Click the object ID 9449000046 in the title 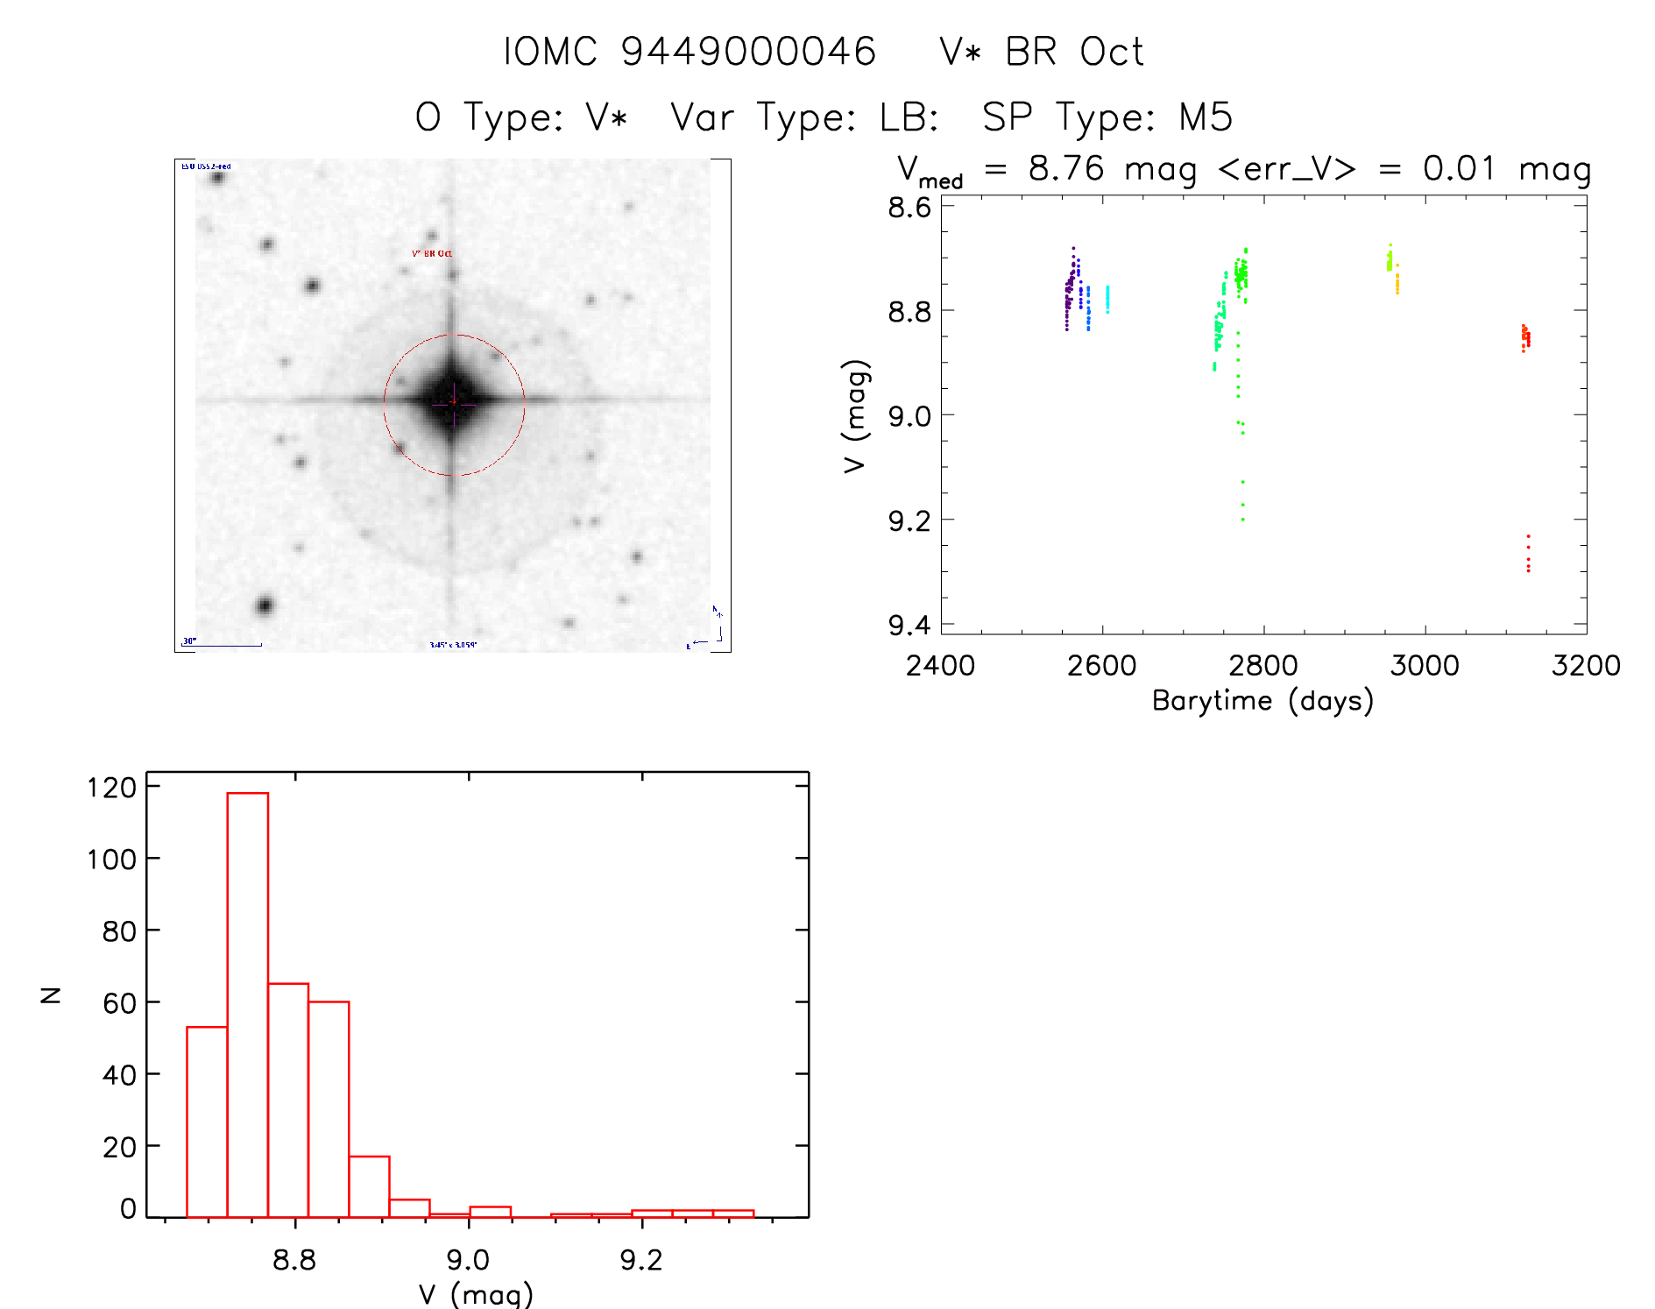click(748, 52)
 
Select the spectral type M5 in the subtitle click(1206, 117)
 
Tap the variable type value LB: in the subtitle click(909, 117)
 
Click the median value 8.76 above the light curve click(1066, 168)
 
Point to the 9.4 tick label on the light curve click(909, 625)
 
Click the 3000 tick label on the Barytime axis click(1425, 665)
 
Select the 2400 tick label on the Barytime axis click(940, 665)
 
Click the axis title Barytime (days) click(1262, 701)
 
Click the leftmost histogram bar click(207, 1121)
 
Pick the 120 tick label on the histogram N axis click(112, 788)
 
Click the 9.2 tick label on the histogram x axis click(641, 1260)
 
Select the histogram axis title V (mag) click(476, 1293)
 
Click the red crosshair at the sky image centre click(454, 402)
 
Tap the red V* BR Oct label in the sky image click(432, 253)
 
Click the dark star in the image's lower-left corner click(264, 605)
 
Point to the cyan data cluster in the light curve click(1107, 298)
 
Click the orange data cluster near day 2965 click(1397, 282)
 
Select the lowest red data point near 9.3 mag click(1528, 570)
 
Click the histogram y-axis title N click(52, 994)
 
